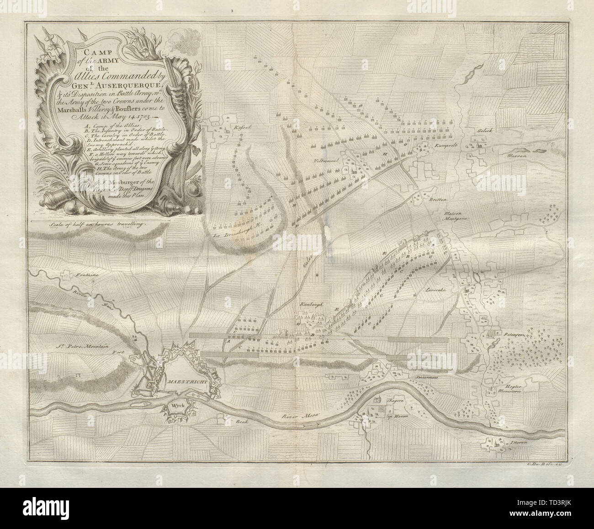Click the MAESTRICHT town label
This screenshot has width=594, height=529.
181,381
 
